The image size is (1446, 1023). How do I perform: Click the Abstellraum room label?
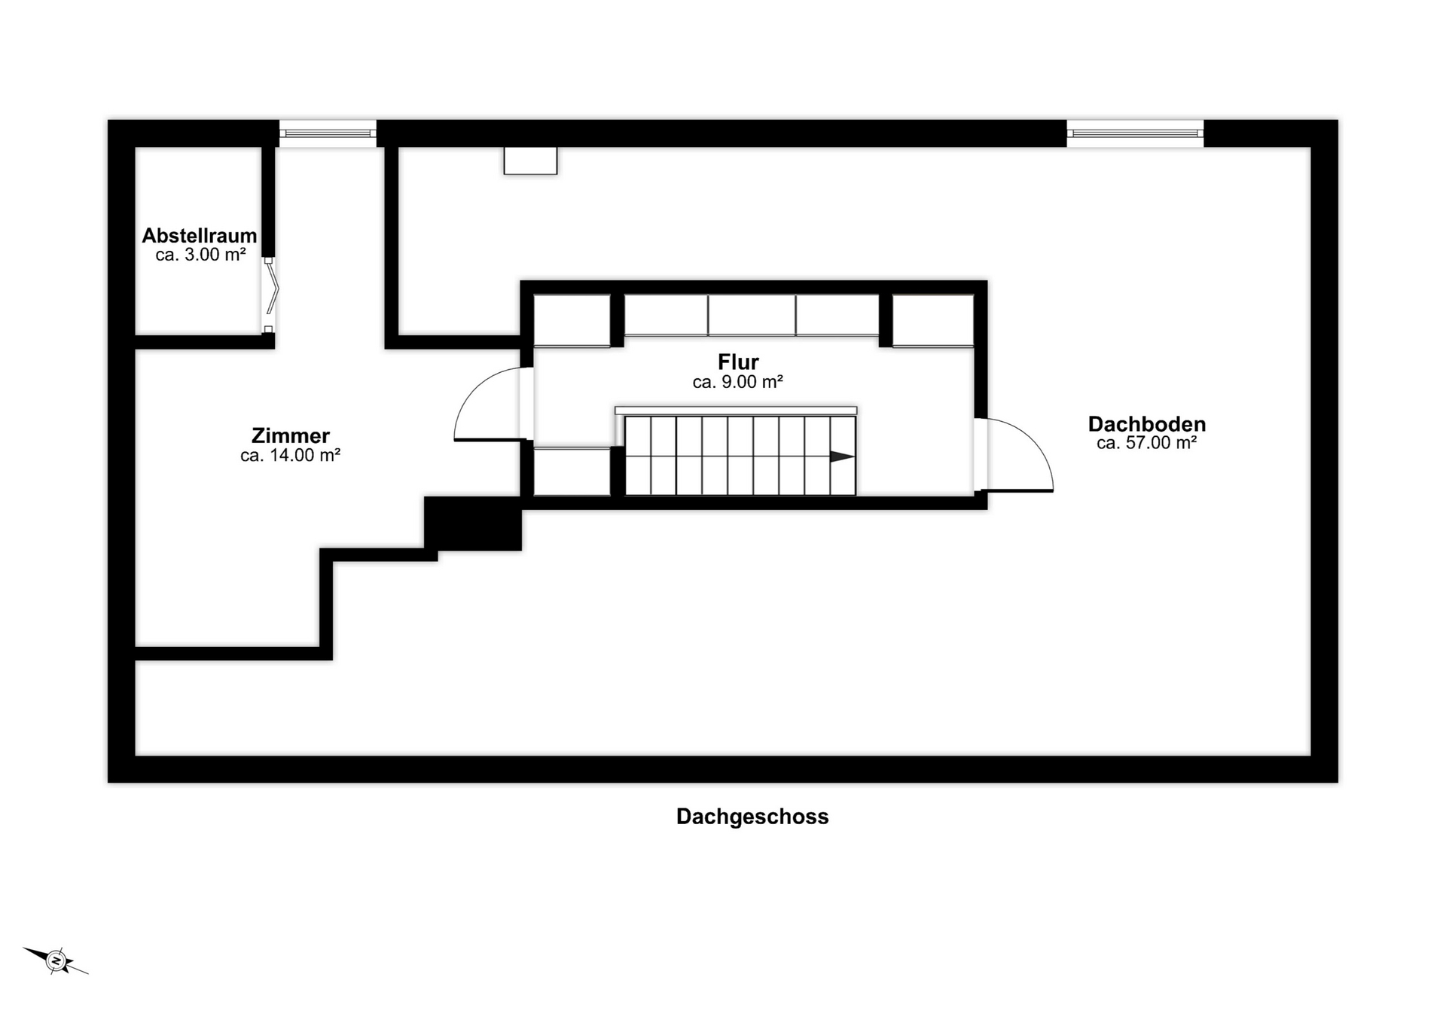tap(200, 236)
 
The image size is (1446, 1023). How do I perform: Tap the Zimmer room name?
tap(291, 435)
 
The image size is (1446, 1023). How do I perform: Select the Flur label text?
tap(738, 362)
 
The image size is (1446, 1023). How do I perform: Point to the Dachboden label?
tap(1147, 424)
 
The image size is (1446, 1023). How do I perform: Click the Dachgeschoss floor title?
tap(752, 817)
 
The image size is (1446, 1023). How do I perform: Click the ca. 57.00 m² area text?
tap(1147, 443)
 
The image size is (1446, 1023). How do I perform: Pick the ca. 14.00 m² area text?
tap(291, 455)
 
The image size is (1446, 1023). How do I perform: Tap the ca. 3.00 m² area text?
tap(200, 255)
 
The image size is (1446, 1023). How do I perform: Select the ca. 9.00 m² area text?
tap(738, 382)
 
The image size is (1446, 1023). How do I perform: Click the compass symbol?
tap(56, 960)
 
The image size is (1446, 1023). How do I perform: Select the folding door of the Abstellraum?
tap(270, 295)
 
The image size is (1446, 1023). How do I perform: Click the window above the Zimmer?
tap(328, 133)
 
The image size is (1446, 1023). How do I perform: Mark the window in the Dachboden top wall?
tap(1135, 133)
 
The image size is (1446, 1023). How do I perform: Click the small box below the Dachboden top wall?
tap(530, 160)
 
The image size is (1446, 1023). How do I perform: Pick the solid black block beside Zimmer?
tap(473, 524)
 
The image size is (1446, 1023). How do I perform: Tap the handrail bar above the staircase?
tap(736, 411)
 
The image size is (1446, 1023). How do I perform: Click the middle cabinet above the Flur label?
tap(752, 315)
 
